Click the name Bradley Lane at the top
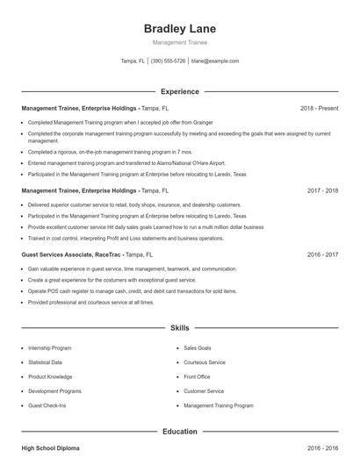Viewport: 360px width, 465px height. pyautogui.click(x=179, y=29)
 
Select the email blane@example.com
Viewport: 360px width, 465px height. pyautogui.click(x=214, y=61)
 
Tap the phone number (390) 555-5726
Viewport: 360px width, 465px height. pyautogui.click(x=168, y=61)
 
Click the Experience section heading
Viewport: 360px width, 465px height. pyautogui.click(x=179, y=91)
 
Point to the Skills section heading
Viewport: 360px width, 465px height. pyautogui.click(x=179, y=327)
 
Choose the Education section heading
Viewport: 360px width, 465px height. pyautogui.click(x=179, y=431)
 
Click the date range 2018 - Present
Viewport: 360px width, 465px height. pyautogui.click(x=319, y=108)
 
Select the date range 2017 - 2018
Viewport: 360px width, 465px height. pyautogui.click(x=322, y=190)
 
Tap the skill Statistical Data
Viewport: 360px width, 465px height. pyautogui.click(x=45, y=361)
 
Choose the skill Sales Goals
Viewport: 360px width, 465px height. pyautogui.click(x=198, y=347)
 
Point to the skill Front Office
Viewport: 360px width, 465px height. pyautogui.click(x=197, y=376)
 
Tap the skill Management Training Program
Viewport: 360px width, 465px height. pyautogui.click(x=219, y=405)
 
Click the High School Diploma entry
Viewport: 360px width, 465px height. pyautogui.click(x=50, y=447)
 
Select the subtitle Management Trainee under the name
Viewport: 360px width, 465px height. pyautogui.click(x=179, y=42)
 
